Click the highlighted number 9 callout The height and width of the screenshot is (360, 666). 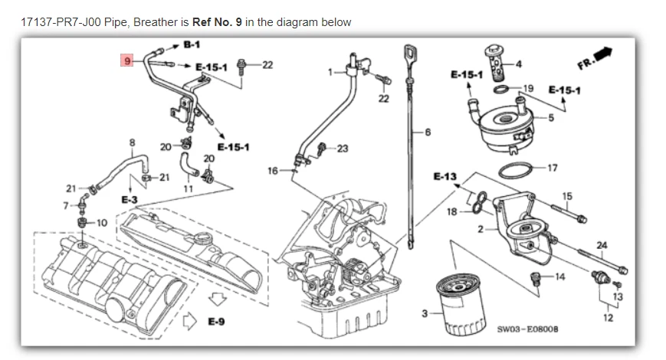pos(127,60)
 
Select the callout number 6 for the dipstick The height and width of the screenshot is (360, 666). pos(428,133)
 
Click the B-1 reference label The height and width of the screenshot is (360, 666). pos(192,46)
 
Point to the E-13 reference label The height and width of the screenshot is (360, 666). pos(445,177)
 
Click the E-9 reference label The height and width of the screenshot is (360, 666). pos(217,322)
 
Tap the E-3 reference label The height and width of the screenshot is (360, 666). pos(128,198)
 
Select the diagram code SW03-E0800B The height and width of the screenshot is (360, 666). pos(527,329)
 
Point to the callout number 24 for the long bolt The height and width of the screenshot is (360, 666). pos(602,245)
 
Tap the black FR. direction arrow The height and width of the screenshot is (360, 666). pos(603,54)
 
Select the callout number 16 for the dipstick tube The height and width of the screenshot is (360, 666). pos(272,171)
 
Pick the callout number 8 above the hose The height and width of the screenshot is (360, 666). pos(132,142)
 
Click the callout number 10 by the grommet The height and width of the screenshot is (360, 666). pos(102,223)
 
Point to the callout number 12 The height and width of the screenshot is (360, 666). pos(609,317)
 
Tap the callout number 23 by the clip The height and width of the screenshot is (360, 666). pos(342,149)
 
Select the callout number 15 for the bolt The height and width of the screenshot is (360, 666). pos(566,196)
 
